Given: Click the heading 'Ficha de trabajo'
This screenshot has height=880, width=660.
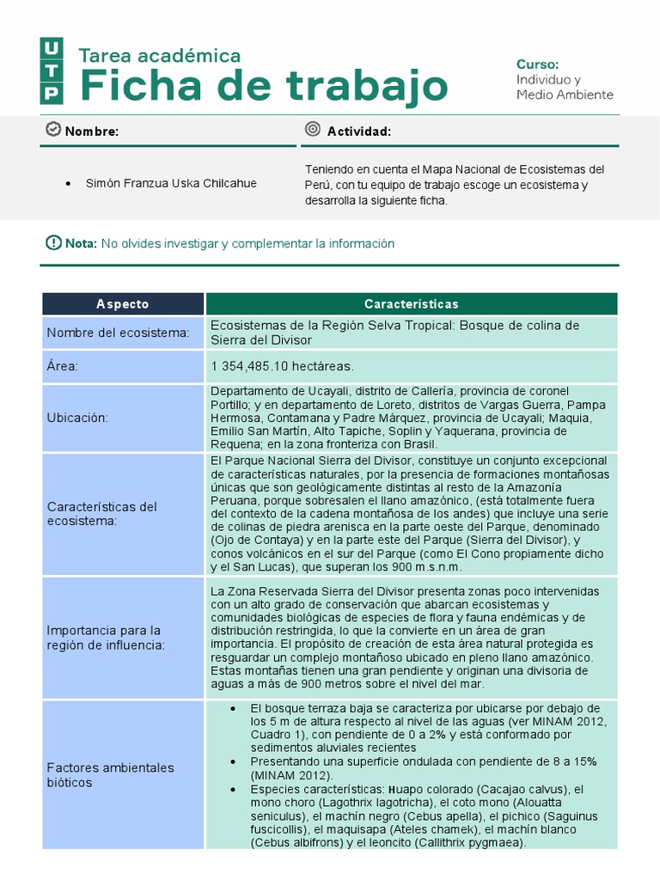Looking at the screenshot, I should [264, 86].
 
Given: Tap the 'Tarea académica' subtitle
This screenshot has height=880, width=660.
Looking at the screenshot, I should [160, 56].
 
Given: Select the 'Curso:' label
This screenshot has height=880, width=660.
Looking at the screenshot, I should [537, 64].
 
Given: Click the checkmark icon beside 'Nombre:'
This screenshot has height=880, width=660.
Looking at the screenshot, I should [52, 130].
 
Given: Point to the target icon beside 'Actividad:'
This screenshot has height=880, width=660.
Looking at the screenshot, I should [313, 130].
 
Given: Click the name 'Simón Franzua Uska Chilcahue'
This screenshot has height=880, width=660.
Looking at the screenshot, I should [171, 183].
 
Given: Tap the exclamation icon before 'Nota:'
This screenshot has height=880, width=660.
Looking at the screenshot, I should [53, 243].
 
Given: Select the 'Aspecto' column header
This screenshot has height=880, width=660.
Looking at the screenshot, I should [122, 304].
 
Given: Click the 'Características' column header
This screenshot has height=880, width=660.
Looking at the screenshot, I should [411, 304].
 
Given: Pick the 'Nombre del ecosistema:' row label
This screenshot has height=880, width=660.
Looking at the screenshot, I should [118, 333].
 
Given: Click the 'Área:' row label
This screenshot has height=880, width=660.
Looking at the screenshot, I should [63, 366].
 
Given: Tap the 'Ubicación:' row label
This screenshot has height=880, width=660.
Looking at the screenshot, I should [77, 417].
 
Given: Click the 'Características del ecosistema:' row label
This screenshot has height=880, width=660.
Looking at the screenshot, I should [102, 513].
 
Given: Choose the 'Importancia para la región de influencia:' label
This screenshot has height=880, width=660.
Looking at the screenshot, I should [104, 638].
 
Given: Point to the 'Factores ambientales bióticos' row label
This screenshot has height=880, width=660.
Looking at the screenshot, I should [110, 775].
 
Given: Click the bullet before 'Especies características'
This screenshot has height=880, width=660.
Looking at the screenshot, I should [234, 789].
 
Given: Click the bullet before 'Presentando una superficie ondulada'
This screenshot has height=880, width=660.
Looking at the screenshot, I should [234, 761].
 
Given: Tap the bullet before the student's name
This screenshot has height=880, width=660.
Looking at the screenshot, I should [68, 184].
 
